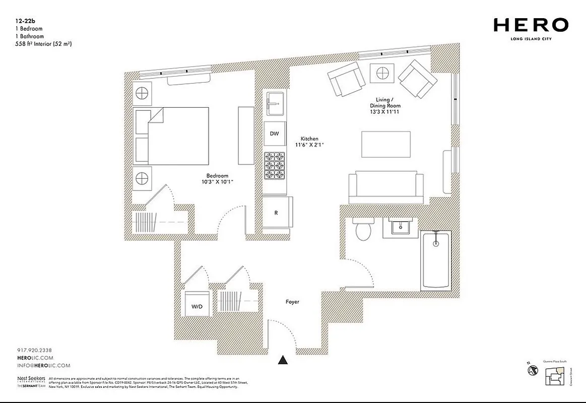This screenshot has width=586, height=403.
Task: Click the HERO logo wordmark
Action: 531,25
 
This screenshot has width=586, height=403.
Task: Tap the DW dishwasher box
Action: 274,133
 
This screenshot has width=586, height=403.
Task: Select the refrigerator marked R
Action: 276,213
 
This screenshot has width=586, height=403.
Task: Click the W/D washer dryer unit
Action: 197,306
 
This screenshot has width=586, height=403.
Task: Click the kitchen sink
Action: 275,104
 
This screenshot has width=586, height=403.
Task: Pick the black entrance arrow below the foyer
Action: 283,360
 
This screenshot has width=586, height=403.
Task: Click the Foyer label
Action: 292,302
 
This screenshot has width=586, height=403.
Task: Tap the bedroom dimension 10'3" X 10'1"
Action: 217,181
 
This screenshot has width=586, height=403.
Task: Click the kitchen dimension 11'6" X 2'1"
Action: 309,145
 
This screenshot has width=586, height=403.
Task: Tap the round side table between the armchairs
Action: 381,74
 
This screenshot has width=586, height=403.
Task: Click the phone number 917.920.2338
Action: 34,350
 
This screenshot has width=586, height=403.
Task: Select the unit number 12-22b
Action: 26,22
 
